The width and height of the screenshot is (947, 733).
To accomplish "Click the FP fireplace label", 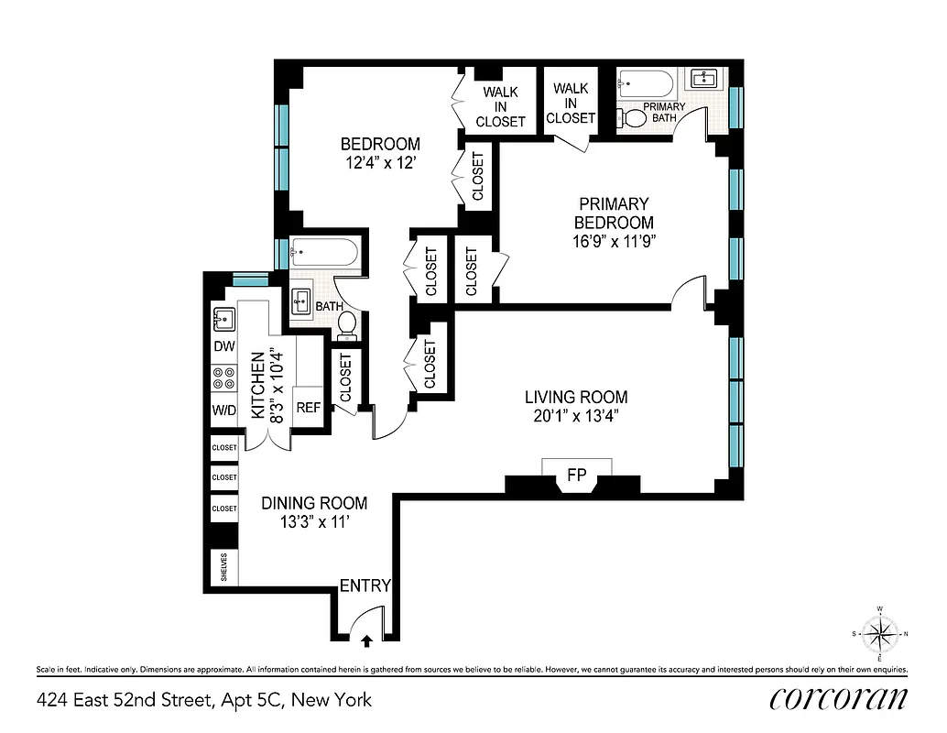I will point(577,476).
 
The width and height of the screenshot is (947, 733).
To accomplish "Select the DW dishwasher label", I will point(224,346).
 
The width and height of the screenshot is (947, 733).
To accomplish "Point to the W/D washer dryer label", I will point(224,410).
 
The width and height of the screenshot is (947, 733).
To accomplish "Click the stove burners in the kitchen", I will point(224,378).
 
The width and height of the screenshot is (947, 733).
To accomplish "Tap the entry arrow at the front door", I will point(366,641).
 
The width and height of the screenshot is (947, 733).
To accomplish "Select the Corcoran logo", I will point(839,698).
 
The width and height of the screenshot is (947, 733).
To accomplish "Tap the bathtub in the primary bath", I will point(646,84).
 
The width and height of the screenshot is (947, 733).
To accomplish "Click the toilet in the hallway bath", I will point(347,323).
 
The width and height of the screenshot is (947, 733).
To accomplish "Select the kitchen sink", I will point(223,319).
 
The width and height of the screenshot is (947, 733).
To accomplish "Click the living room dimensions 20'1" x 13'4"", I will point(576,416).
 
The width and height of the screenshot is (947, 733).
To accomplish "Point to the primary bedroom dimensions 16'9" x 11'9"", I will point(614,241).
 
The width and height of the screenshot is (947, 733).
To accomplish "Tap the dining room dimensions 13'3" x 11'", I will point(314,521).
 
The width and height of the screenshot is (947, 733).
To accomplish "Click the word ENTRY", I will point(365,585).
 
